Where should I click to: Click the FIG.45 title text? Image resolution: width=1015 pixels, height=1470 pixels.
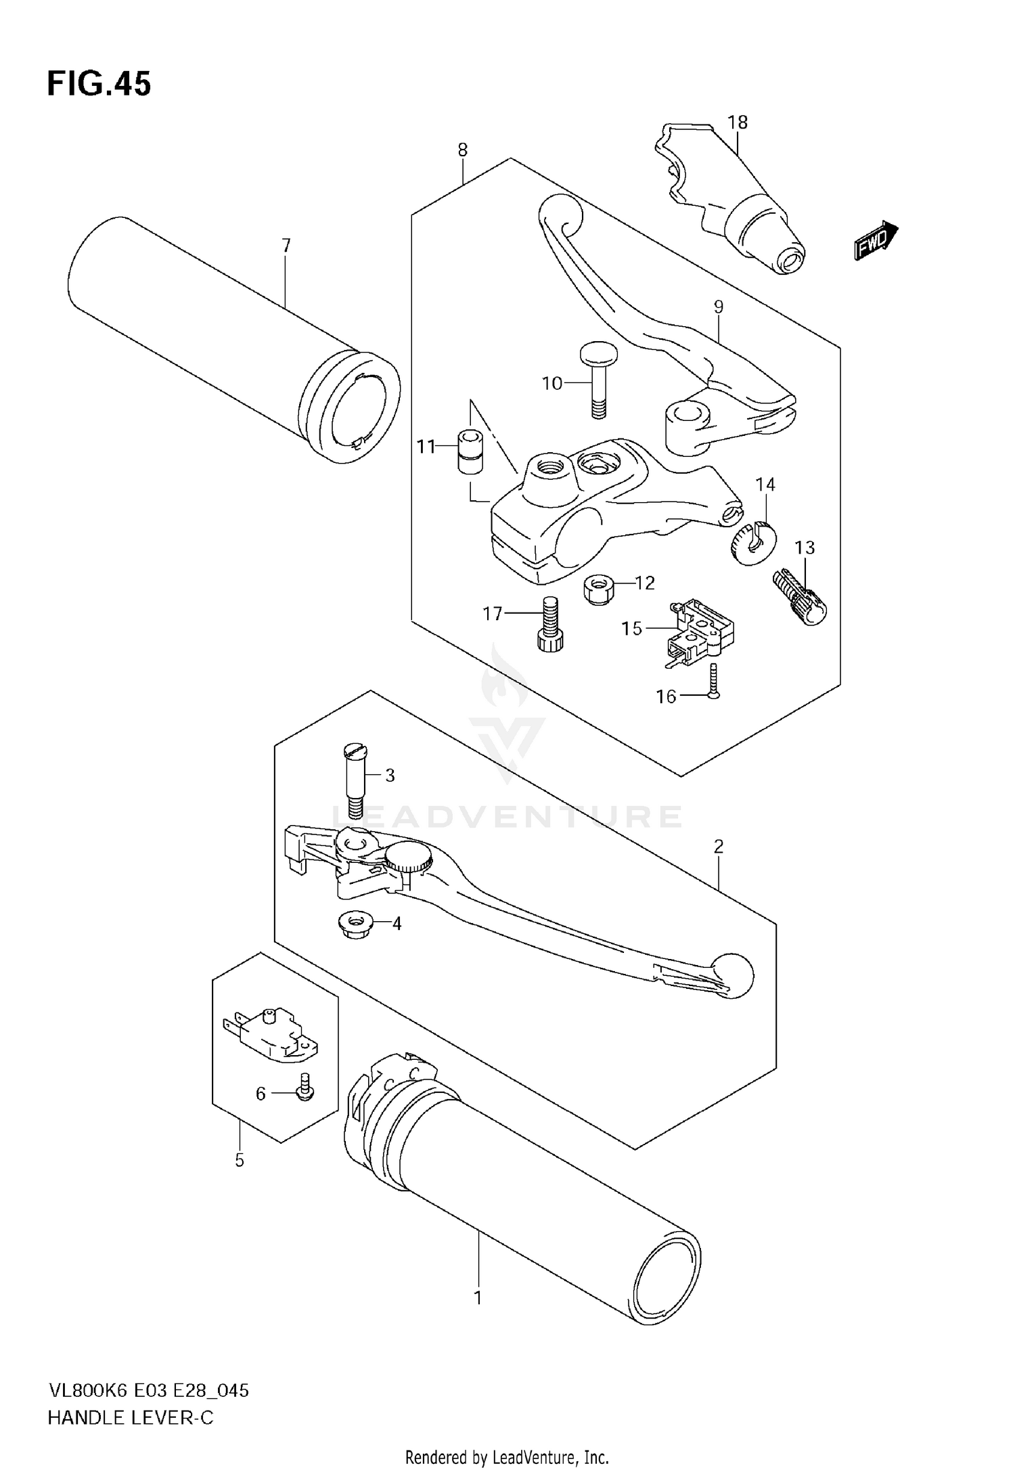(99, 85)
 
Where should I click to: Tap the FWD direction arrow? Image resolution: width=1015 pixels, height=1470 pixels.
(876, 241)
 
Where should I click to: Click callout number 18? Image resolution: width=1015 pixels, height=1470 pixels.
(738, 122)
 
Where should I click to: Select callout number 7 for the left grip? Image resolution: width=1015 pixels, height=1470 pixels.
(286, 246)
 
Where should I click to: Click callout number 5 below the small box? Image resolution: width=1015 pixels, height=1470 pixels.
(240, 1160)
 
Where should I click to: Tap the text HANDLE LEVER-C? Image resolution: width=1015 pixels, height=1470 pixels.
(130, 1418)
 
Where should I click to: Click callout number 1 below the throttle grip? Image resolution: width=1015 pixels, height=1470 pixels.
(478, 1299)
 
